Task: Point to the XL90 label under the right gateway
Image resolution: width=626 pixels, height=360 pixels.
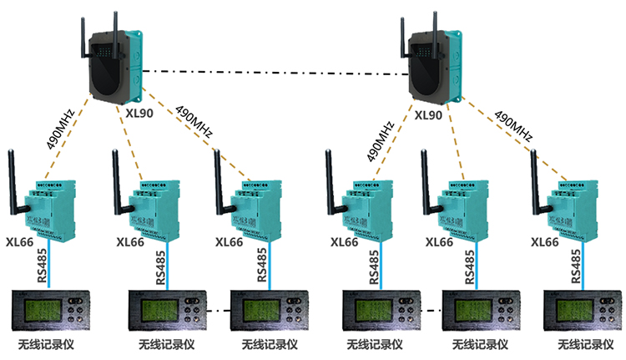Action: [428, 114]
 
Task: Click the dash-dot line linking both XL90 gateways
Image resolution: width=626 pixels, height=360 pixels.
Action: [275, 74]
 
